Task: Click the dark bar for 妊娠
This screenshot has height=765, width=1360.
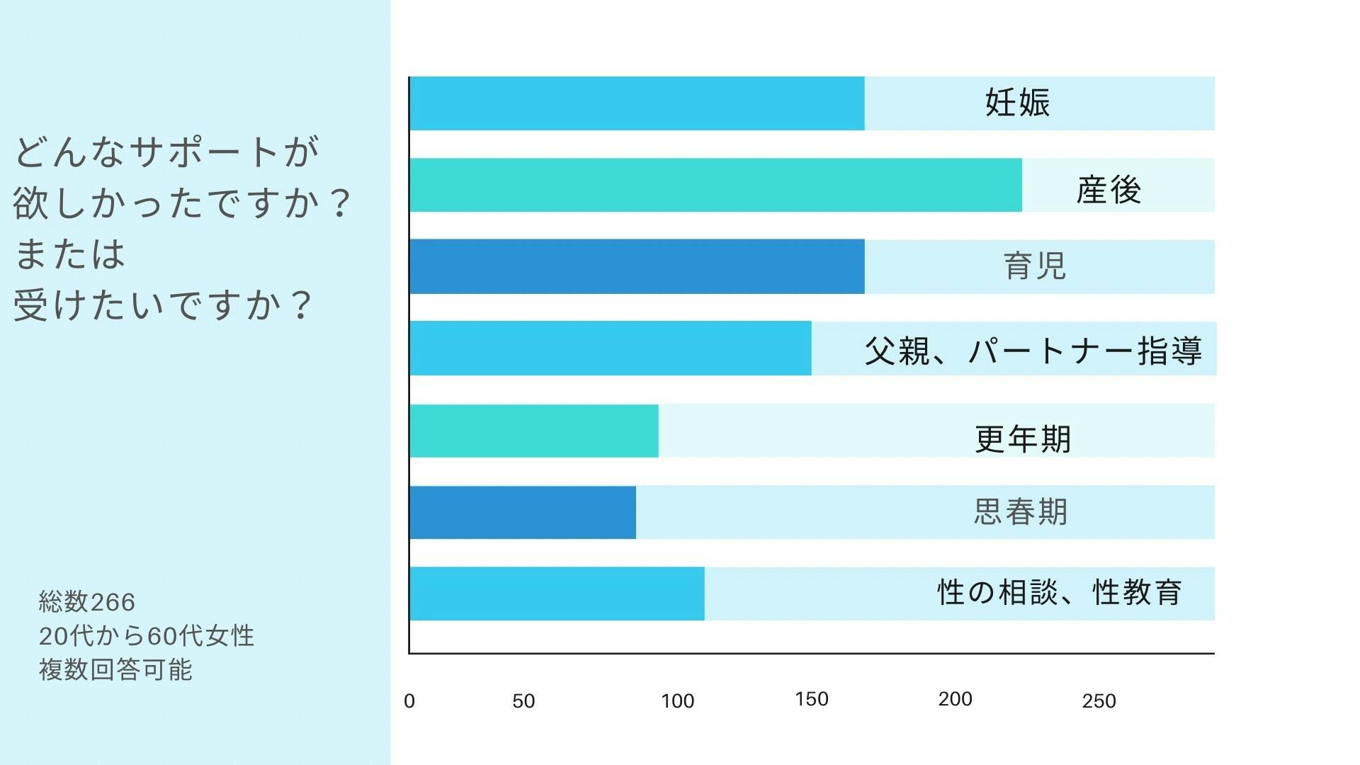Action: [637, 103]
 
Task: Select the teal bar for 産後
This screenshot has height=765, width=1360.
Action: [715, 185]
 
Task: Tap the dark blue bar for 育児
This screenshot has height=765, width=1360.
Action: [637, 266]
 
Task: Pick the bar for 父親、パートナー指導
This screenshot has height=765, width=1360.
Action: [610, 348]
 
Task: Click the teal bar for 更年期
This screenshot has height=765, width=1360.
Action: [533, 431]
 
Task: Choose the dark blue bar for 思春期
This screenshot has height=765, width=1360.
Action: [522, 512]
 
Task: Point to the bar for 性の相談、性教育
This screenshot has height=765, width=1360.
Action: [557, 594]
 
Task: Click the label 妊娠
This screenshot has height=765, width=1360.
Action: [1017, 103]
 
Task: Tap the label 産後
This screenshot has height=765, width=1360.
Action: [1109, 190]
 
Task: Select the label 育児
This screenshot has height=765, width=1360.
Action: [1035, 266]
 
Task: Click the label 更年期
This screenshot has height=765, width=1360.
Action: [1023, 439]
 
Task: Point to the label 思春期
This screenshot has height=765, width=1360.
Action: [1021, 511]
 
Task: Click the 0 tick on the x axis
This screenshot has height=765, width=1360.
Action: [409, 701]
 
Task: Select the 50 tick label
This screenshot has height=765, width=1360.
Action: [523, 701]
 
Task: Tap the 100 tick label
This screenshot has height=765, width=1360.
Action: [677, 701]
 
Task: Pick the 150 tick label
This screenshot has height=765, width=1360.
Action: [812, 699]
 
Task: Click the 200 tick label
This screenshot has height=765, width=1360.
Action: [955, 699]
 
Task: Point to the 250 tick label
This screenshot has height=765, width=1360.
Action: [1099, 701]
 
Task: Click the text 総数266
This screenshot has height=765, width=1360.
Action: [87, 602]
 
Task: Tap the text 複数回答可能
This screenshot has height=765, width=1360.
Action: [115, 669]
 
